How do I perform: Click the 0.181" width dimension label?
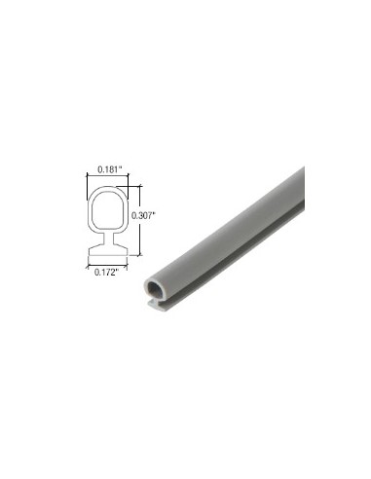(107, 171)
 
